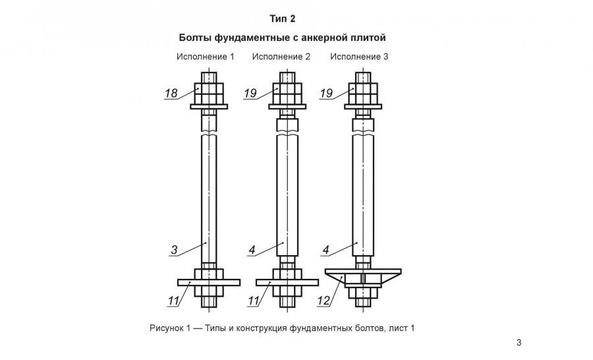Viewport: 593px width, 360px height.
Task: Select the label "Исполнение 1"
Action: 205,57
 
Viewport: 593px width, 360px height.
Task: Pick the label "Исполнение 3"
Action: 360,57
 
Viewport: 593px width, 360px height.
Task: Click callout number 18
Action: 171,93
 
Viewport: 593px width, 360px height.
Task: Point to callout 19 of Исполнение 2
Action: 250,93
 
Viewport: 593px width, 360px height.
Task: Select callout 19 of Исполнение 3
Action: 325,93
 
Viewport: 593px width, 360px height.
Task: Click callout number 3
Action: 174,250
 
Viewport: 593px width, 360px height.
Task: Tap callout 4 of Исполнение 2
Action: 252,250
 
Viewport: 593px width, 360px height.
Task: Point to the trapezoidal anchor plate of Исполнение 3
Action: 364,272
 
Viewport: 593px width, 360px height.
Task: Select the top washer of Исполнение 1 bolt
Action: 210,106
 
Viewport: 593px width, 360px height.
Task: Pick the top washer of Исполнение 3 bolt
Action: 364,106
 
